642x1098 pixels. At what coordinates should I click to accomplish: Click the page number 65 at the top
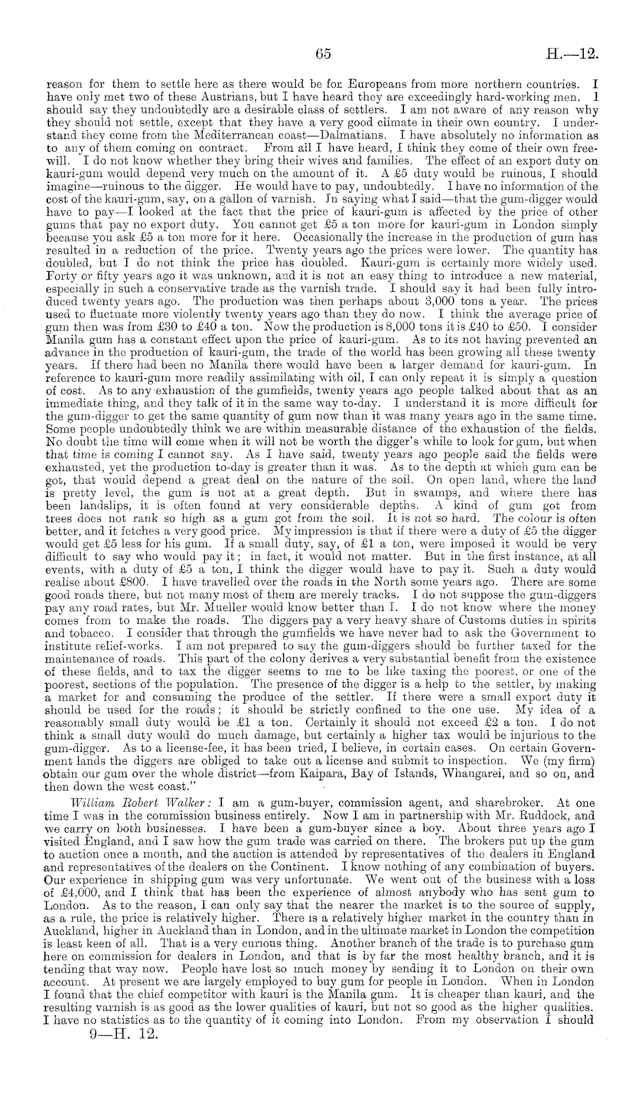click(x=323, y=54)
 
